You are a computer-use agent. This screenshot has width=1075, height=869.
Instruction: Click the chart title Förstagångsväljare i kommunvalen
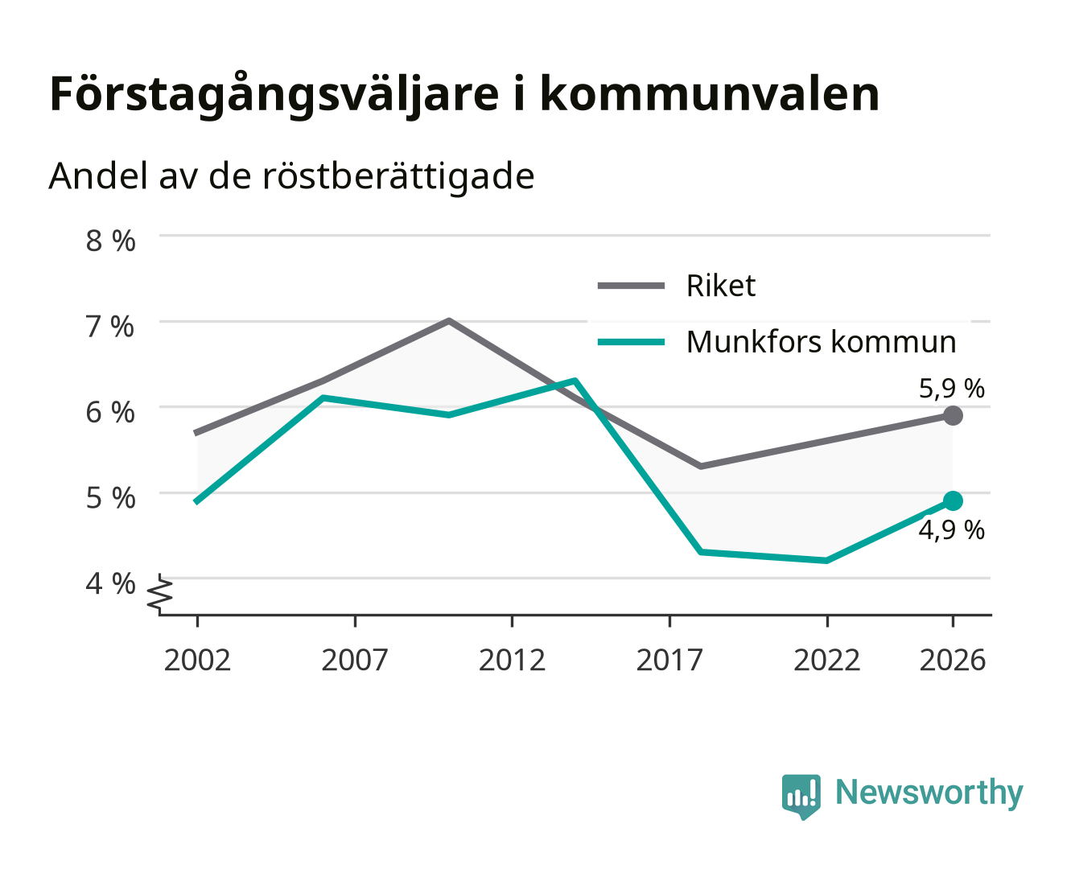(x=464, y=95)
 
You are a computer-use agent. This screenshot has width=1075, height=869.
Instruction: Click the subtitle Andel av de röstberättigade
(x=291, y=177)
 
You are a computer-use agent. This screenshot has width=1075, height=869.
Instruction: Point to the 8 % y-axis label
(x=110, y=241)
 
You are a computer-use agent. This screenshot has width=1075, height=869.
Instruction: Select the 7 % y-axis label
(x=110, y=327)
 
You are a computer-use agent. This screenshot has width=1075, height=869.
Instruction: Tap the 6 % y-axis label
(x=110, y=412)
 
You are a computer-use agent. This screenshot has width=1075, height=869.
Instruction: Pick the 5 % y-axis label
(x=110, y=498)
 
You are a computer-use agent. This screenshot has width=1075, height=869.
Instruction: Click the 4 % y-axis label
(x=110, y=584)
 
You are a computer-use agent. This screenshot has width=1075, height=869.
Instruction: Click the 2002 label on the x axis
(x=197, y=660)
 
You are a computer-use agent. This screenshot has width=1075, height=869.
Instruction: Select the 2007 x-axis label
(x=355, y=660)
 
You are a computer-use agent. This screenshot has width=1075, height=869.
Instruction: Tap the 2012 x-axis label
(x=513, y=660)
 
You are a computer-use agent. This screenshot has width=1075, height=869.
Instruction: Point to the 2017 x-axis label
(x=669, y=660)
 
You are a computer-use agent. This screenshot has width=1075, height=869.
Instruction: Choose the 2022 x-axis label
(x=826, y=660)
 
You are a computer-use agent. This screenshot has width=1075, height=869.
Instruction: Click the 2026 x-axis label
(x=953, y=660)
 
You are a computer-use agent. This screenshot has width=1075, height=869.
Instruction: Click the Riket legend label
(x=721, y=286)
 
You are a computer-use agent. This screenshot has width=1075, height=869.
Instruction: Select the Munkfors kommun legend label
(x=822, y=342)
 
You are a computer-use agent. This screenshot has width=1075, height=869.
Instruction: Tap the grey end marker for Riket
(x=953, y=416)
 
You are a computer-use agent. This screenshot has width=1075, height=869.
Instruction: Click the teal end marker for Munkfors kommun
(x=953, y=501)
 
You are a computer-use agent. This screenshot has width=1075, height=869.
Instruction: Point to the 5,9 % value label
(x=952, y=389)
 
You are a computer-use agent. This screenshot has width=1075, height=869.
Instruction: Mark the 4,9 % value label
(x=952, y=530)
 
